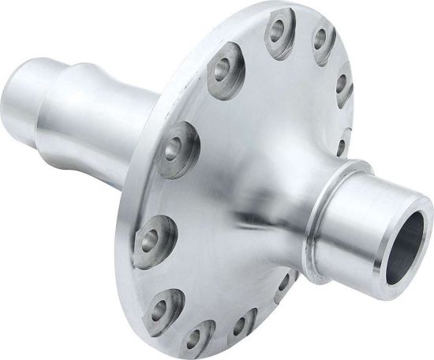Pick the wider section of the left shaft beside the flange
[x=103, y=111]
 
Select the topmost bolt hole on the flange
[x=277, y=31]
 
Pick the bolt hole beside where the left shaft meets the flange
[x=176, y=146]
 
